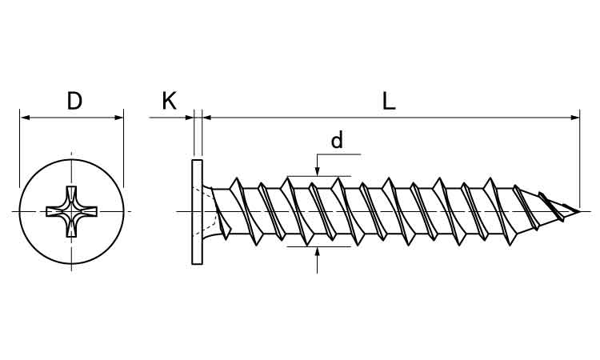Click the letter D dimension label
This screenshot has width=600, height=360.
74,101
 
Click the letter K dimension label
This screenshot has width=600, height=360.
169,101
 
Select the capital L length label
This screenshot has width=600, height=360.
388,102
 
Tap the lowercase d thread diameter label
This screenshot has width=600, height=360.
337,140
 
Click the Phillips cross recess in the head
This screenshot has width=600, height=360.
71,211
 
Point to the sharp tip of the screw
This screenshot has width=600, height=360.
579,211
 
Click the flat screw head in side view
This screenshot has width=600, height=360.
197,212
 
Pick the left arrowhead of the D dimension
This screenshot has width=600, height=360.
25,118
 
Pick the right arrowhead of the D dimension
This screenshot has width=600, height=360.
118,118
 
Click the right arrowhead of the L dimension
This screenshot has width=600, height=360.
574,118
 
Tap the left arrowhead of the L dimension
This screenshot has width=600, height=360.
206,118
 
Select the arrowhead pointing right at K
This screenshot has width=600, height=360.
189,118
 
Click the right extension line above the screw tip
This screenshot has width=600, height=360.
580,158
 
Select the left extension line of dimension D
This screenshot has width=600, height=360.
19,149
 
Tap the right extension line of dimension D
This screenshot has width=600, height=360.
123,149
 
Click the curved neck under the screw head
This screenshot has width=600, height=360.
208,211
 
